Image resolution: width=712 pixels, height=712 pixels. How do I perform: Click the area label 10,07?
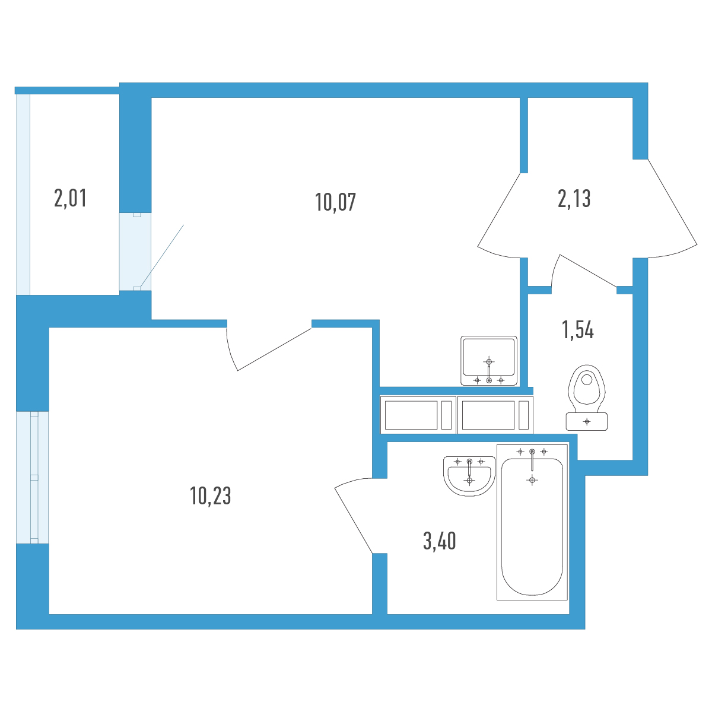(x=335, y=202)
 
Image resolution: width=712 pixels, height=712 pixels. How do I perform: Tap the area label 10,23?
(x=211, y=495)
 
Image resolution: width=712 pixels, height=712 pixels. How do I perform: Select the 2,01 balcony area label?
(x=70, y=198)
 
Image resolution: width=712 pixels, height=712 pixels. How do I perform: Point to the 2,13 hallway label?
(x=574, y=198)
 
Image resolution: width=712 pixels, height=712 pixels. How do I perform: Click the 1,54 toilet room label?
(x=578, y=329)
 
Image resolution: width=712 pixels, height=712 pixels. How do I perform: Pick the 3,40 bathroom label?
(x=439, y=541)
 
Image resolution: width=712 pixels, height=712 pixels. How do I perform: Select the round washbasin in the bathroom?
(x=469, y=476)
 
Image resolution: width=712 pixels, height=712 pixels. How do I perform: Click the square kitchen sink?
(x=489, y=361)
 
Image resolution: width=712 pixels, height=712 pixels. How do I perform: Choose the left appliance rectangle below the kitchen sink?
(x=418, y=415)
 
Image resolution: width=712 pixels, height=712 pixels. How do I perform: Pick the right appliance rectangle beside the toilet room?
(x=495, y=415)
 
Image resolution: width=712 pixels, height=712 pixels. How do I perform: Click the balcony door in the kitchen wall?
(x=135, y=252)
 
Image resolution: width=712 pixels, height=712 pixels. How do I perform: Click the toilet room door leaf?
(x=588, y=271)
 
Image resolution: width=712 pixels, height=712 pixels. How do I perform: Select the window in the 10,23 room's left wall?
(x=33, y=478)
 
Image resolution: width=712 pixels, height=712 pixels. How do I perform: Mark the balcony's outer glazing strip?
(x=23, y=195)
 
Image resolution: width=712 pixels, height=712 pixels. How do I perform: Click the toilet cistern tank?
(x=587, y=422)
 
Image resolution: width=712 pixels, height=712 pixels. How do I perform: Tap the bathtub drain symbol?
(x=532, y=480)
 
